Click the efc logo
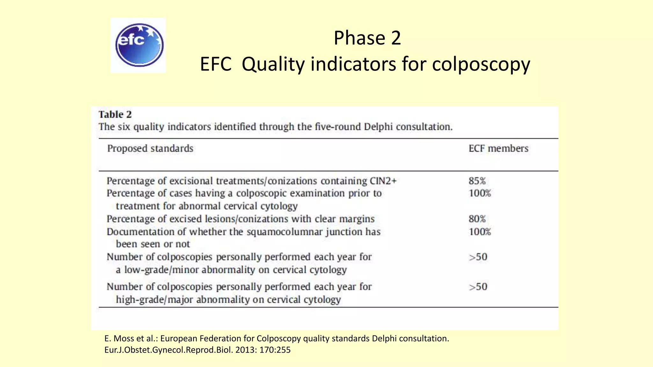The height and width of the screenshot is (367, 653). (x=138, y=45)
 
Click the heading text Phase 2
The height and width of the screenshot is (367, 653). (x=367, y=38)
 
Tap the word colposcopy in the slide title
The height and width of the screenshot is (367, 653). (x=481, y=64)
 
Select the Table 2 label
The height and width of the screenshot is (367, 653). (x=115, y=114)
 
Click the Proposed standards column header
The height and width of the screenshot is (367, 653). (x=150, y=148)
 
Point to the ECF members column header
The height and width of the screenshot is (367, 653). (x=498, y=148)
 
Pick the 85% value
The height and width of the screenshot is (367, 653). (x=477, y=181)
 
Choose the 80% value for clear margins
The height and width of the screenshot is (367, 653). (x=477, y=219)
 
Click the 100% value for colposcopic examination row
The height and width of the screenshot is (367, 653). (x=480, y=193)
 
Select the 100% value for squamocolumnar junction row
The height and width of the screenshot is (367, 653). (x=480, y=232)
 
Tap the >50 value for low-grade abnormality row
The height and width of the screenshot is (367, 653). (x=478, y=257)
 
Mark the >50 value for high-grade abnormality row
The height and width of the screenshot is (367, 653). (x=478, y=287)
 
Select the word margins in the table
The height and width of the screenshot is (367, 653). (x=356, y=219)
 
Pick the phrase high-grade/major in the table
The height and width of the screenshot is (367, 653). (x=153, y=300)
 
